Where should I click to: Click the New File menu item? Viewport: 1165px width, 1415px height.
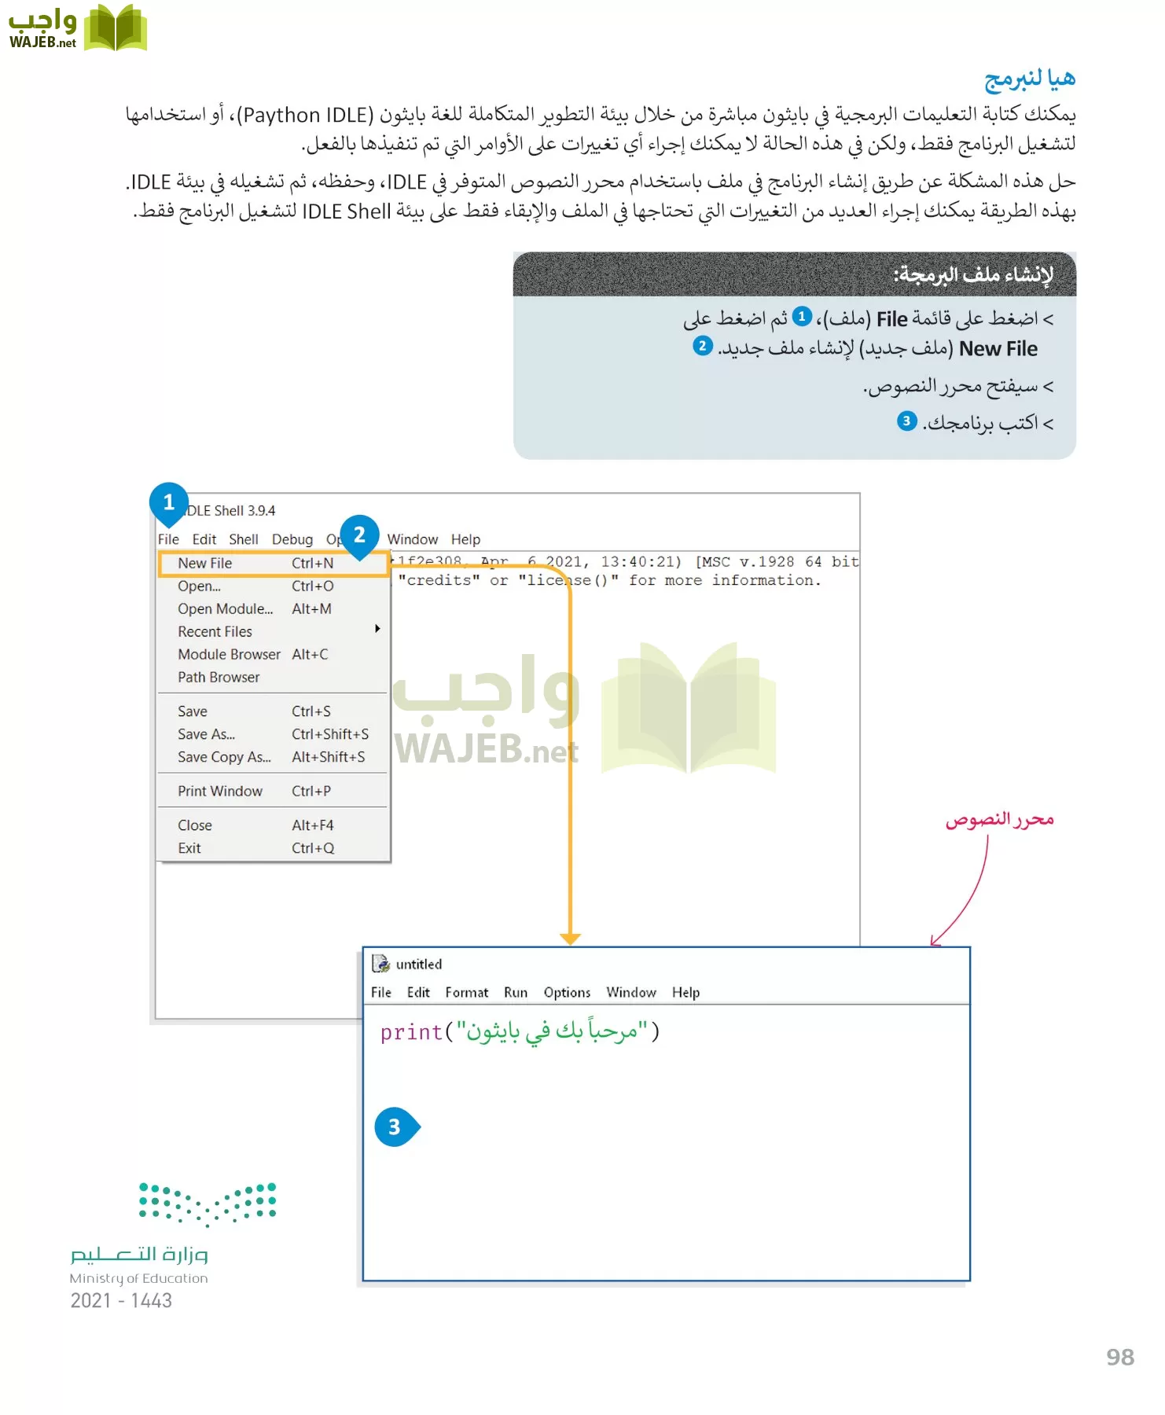click(x=205, y=564)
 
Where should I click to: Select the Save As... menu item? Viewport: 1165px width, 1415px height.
click(x=206, y=734)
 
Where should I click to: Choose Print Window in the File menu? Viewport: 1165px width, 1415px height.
click(x=220, y=792)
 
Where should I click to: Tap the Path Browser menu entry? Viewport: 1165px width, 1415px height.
click(x=219, y=678)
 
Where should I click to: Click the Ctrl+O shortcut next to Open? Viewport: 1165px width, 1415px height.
click(x=313, y=586)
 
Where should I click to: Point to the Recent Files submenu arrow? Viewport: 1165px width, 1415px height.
click(x=378, y=629)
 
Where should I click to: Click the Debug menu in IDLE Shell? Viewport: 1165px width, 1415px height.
click(x=292, y=540)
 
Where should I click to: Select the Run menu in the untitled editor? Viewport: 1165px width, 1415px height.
click(x=516, y=993)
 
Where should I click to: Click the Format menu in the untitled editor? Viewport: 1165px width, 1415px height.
click(x=467, y=993)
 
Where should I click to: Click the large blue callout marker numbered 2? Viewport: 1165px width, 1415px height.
click(x=360, y=535)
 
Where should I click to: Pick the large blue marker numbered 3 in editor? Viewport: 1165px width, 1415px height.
click(x=395, y=1127)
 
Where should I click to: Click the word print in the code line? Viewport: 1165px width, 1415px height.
click(x=411, y=1032)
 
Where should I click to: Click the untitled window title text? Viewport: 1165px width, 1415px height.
click(x=419, y=965)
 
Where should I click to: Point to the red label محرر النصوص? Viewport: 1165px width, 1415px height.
click(x=999, y=820)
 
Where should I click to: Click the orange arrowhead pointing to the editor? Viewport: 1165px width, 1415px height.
click(x=571, y=939)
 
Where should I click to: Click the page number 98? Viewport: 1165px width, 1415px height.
click(x=1120, y=1358)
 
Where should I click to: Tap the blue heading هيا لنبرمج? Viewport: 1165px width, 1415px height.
click(x=1030, y=79)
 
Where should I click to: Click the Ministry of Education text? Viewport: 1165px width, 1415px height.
click(x=139, y=1279)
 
